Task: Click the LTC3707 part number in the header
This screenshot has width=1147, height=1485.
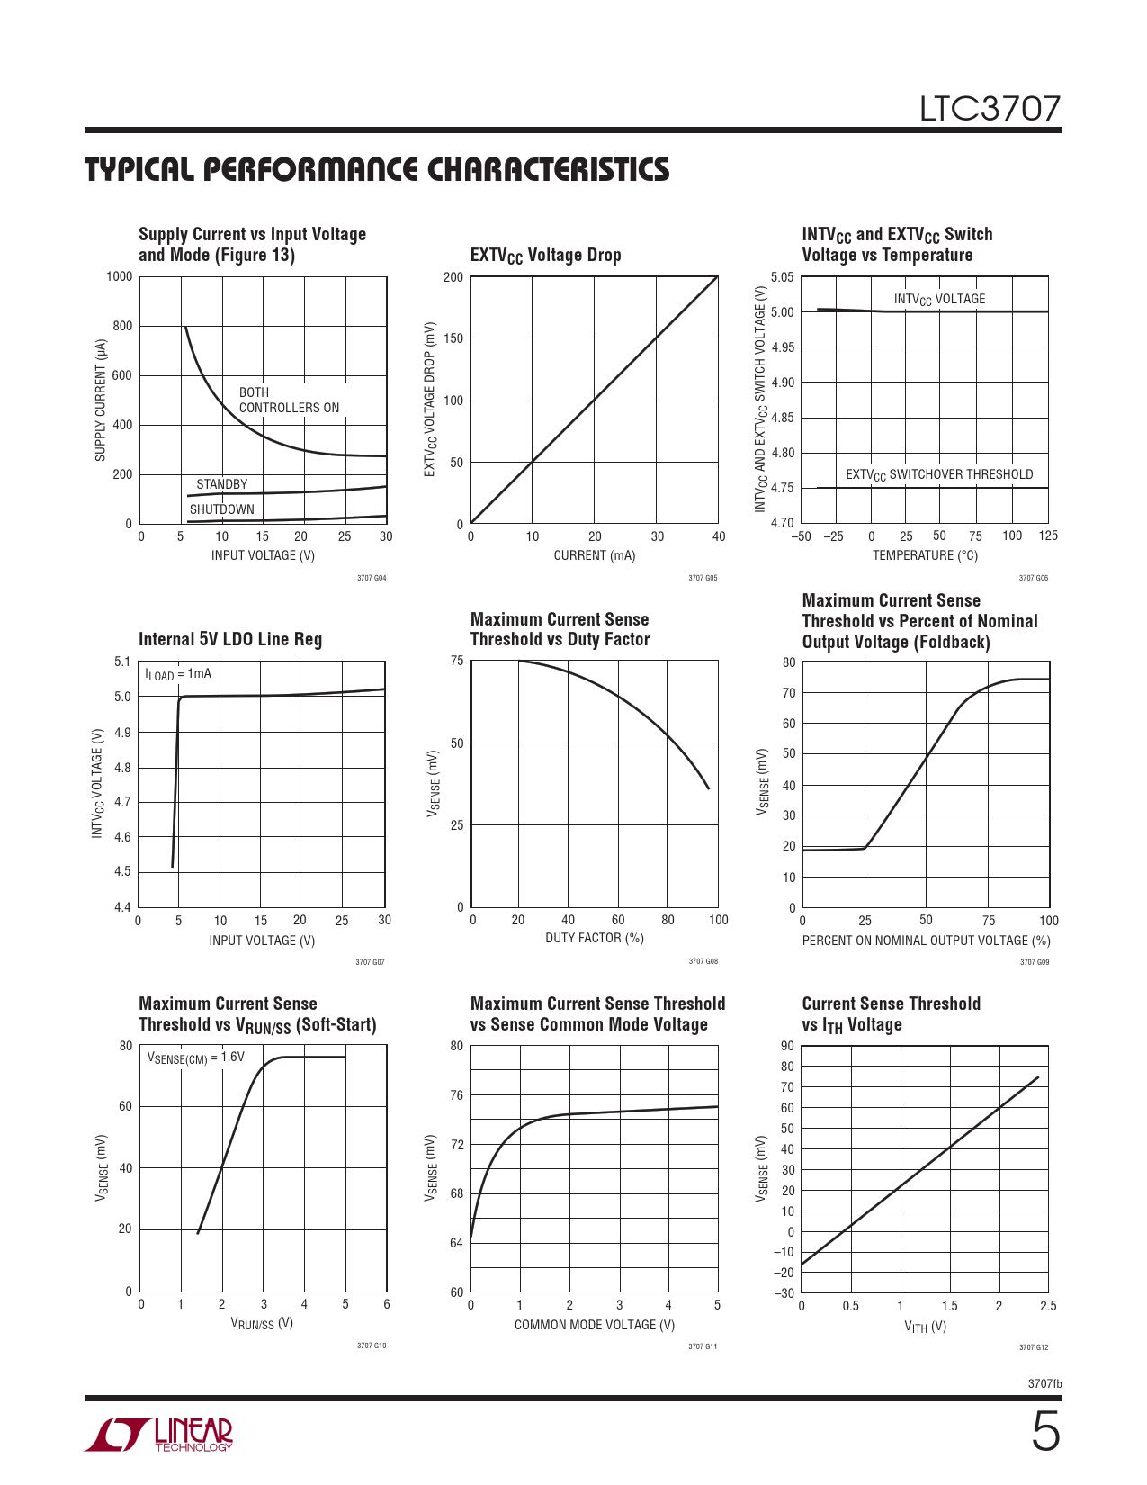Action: (x=990, y=109)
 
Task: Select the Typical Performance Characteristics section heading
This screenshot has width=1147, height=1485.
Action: (x=377, y=170)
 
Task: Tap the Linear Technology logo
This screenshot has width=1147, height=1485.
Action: (x=159, y=1435)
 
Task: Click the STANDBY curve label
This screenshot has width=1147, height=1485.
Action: (x=221, y=484)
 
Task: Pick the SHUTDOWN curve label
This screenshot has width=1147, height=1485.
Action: (x=221, y=509)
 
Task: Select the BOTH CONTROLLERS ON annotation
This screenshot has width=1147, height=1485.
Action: (x=289, y=400)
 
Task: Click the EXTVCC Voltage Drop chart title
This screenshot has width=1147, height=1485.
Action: (x=545, y=256)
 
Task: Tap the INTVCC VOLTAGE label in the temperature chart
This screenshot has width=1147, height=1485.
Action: (x=939, y=299)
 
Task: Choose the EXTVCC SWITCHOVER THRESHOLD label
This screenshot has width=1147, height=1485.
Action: (x=939, y=474)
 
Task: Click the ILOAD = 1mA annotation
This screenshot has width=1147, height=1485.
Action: (x=178, y=674)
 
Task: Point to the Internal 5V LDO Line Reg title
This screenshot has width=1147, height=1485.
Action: (x=230, y=639)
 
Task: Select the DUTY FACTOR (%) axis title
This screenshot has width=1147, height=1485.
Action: (x=595, y=938)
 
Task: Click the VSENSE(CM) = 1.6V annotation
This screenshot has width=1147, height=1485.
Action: (x=195, y=1057)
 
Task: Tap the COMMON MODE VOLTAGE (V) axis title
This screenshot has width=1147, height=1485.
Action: (x=595, y=1325)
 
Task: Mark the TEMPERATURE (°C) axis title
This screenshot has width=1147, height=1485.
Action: (x=925, y=555)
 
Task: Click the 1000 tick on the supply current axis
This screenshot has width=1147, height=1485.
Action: (x=119, y=276)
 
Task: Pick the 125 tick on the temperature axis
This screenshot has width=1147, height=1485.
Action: (x=1048, y=535)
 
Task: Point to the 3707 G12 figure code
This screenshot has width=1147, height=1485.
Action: (x=1034, y=1347)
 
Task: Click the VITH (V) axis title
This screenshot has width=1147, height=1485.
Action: (x=925, y=1327)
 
